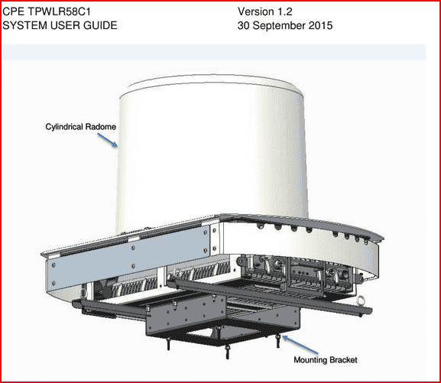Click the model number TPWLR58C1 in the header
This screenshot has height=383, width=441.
pyautogui.click(x=59, y=11)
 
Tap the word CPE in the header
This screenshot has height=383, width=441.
pyautogui.click(x=14, y=11)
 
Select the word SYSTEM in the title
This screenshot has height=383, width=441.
pyautogui.click(x=24, y=25)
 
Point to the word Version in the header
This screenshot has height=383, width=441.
pyautogui.click(x=256, y=11)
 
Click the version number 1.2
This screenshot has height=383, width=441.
pyautogui.click(x=285, y=11)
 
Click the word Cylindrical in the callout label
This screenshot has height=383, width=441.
pyautogui.click(x=64, y=127)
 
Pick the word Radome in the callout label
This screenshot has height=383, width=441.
pyautogui.click(x=100, y=127)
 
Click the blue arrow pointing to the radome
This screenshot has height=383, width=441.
pyautogui.click(x=108, y=140)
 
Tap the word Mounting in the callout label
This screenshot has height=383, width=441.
pyautogui.click(x=310, y=360)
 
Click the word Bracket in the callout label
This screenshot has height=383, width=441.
pyautogui.click(x=343, y=359)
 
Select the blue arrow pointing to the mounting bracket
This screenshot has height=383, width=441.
pyautogui.click(x=300, y=345)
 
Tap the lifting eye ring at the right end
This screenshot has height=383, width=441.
pyautogui.click(x=360, y=300)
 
